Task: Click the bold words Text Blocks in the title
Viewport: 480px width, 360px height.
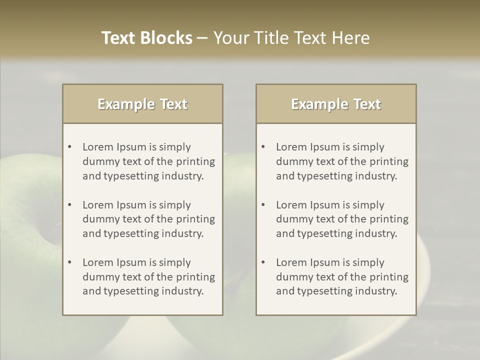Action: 146,38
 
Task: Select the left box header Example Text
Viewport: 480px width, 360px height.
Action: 142,104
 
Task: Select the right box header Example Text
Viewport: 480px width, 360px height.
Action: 336,104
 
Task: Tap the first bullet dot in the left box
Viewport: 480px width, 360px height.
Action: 70,147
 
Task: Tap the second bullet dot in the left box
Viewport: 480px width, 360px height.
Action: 70,205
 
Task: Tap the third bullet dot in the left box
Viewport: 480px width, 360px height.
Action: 70,262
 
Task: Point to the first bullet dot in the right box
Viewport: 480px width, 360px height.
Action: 263,147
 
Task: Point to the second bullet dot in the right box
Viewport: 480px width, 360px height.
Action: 263,205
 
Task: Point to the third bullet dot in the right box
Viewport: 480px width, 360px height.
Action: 263,262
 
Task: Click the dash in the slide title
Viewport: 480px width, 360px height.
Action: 202,38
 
